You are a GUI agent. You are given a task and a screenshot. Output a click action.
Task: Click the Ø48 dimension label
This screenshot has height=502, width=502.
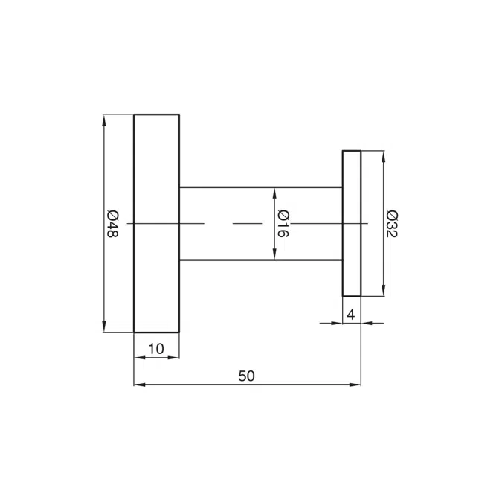coord(112,224)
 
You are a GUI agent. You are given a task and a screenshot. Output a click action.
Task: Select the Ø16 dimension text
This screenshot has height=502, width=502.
coord(283,224)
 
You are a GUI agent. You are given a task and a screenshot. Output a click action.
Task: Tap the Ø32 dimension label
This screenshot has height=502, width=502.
coord(392,224)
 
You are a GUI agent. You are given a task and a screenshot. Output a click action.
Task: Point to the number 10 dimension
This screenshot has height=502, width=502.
coord(156,349)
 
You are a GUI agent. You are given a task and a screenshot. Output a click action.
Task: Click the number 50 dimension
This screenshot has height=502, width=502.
coord(246,376)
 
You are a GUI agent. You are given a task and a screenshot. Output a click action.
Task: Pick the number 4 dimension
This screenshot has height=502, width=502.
coord(351,315)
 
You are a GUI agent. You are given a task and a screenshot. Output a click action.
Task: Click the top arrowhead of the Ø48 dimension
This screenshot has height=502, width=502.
coord(103,120)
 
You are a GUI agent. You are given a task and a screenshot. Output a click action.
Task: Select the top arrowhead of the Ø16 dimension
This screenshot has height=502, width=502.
coord(274,193)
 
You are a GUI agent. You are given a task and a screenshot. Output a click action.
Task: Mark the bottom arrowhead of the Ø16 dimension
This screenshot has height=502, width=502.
coord(274,254)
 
